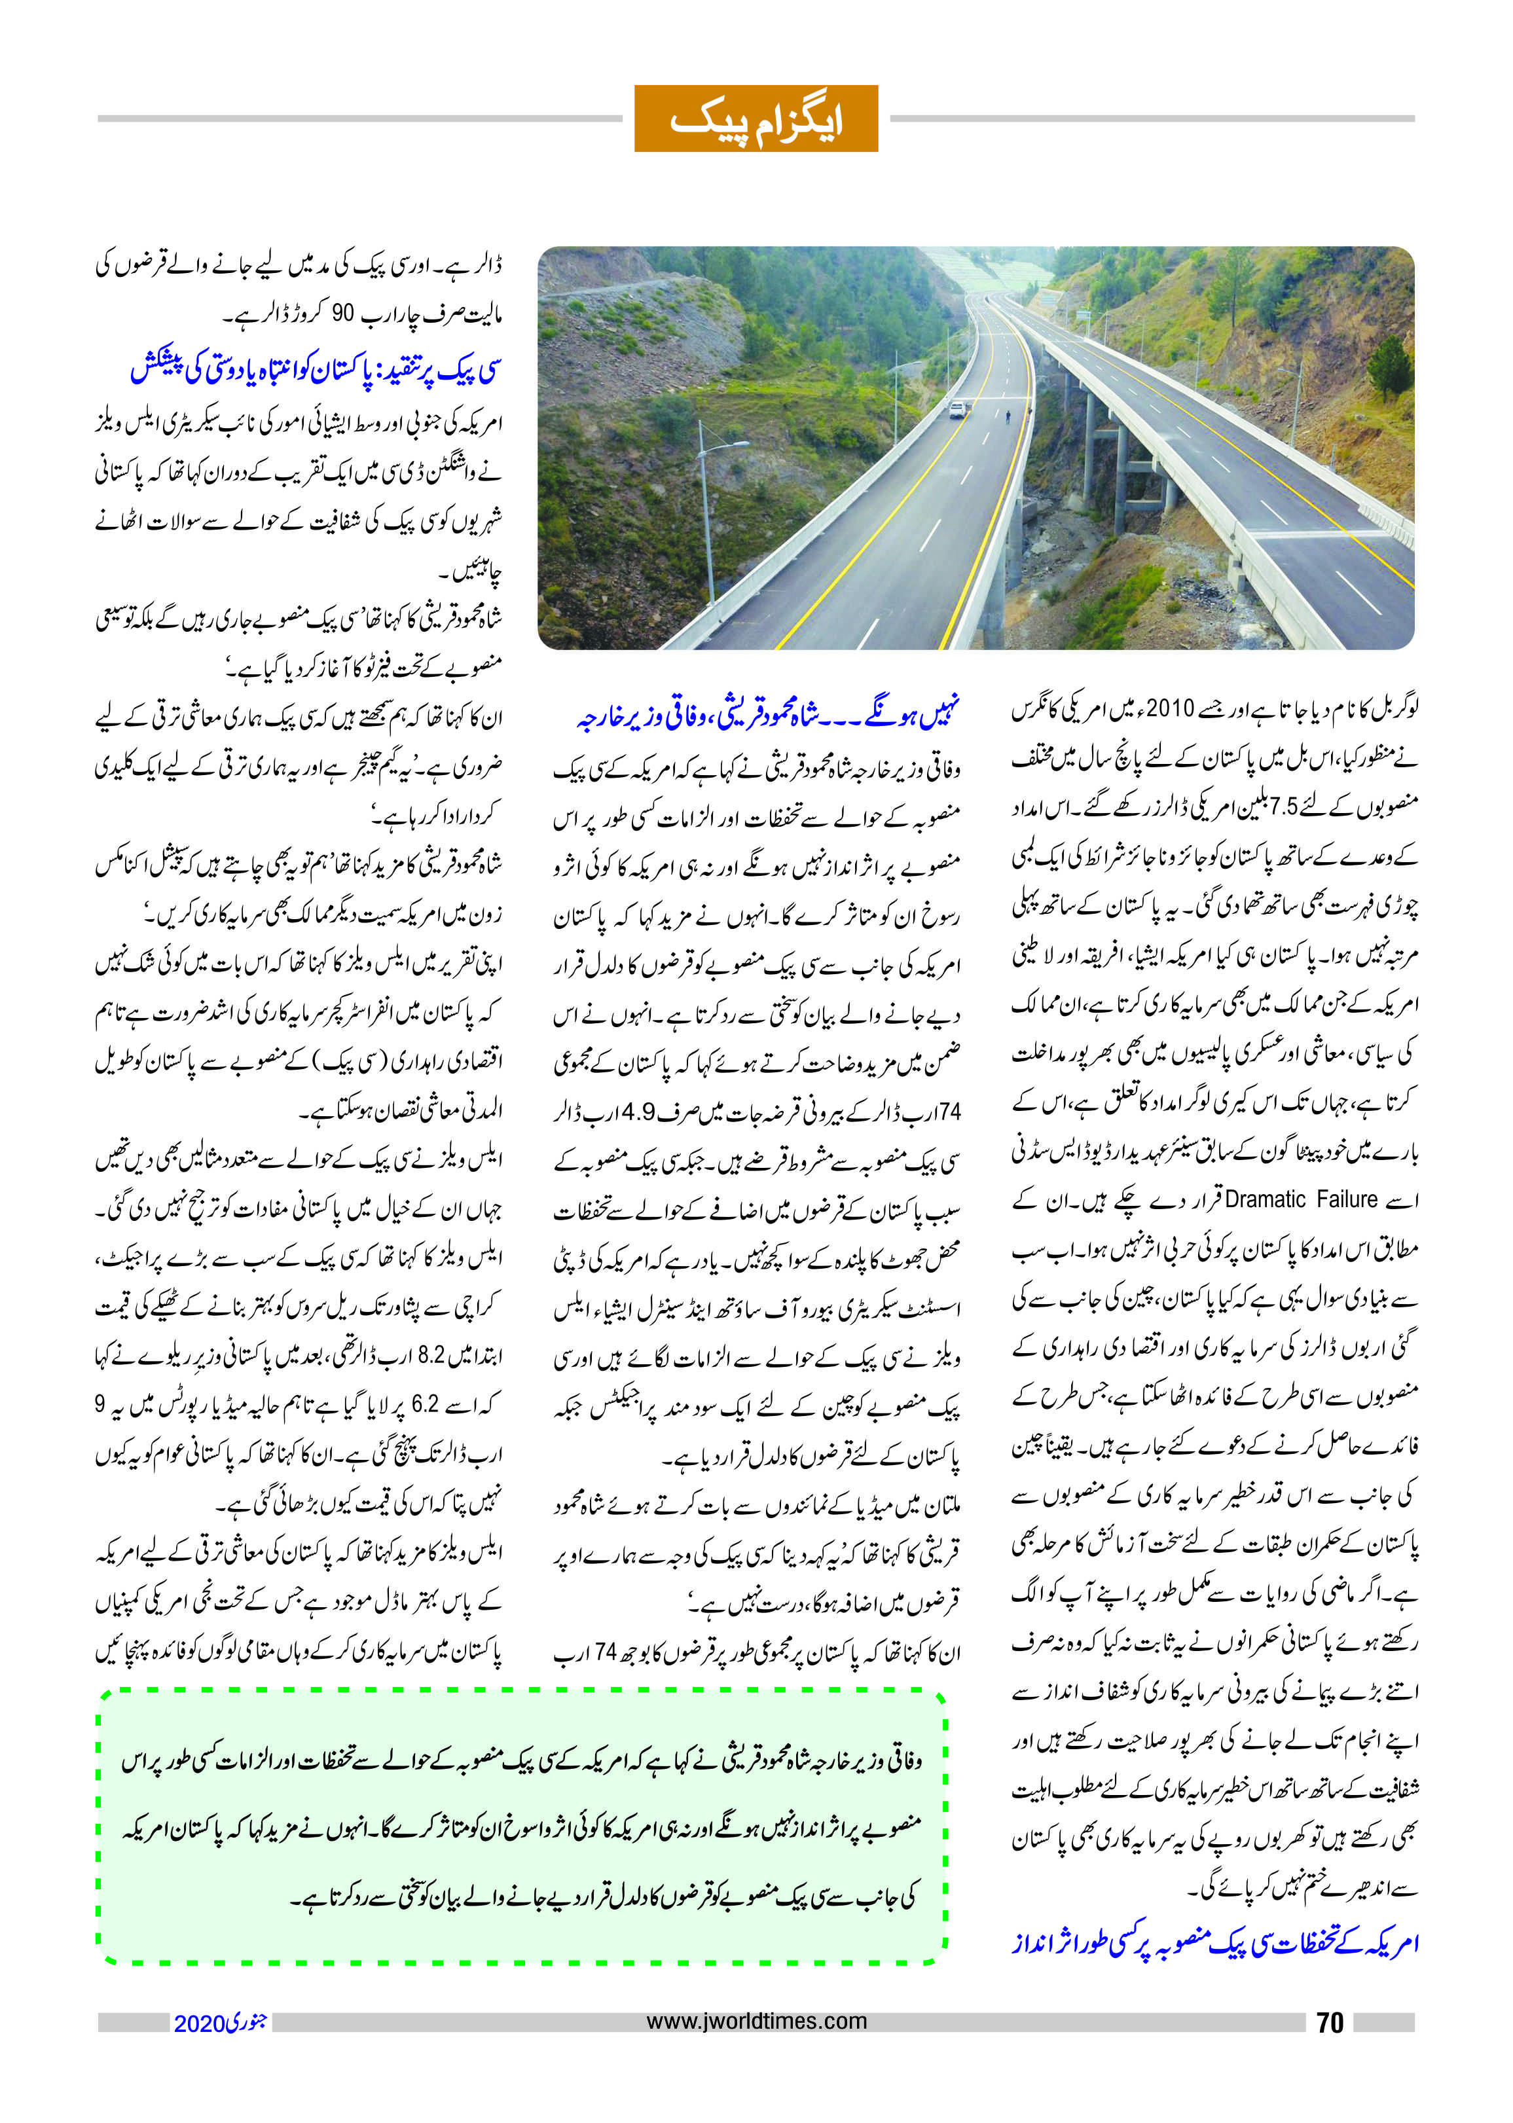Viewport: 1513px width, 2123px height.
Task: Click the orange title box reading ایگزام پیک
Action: pyautogui.click(x=756, y=118)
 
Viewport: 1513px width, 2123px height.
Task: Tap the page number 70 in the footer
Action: pyautogui.click(x=1330, y=2022)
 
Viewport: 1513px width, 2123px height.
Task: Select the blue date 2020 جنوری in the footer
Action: pyautogui.click(x=220, y=2023)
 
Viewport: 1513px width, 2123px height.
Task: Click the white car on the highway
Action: pyautogui.click(x=957, y=409)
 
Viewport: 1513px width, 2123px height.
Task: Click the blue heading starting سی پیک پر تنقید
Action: pyautogui.click(x=314, y=370)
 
